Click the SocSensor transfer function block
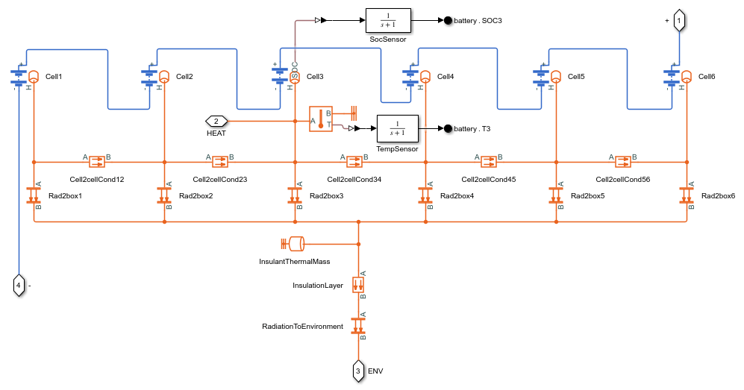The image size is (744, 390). click(387, 20)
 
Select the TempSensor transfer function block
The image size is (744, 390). click(397, 128)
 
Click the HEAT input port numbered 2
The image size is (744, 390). click(216, 121)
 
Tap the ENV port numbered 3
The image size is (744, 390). click(358, 370)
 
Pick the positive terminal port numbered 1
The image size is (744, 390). click(678, 22)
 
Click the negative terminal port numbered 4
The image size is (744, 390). click(19, 285)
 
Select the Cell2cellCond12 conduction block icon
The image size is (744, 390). click(97, 161)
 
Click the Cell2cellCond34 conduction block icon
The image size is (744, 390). click(354, 161)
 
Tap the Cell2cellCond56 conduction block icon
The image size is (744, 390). click(623, 161)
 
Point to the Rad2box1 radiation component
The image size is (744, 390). click(34, 195)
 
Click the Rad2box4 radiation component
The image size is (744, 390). click(425, 195)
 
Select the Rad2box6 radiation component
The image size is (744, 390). click(687, 195)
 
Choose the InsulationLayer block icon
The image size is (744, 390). click(358, 285)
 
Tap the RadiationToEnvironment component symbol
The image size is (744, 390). click(358, 326)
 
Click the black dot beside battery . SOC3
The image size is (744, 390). click(448, 20)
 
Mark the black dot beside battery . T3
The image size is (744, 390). click(448, 128)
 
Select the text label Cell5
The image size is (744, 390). click(576, 77)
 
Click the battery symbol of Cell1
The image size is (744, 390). click(16, 77)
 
